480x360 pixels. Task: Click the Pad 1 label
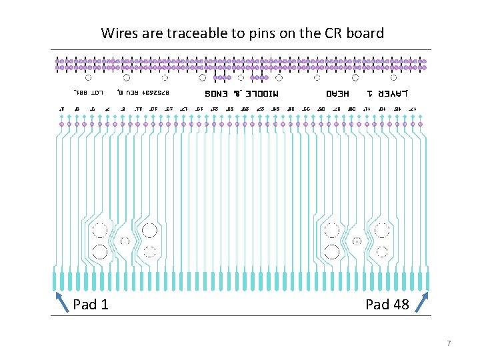(x=91, y=305)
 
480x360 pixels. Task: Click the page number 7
(x=449, y=343)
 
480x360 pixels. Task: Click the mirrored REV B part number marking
(x=145, y=91)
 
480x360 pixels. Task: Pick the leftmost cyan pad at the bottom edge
(x=54, y=279)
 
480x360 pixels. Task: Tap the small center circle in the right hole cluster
(x=357, y=241)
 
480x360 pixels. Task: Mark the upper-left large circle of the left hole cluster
(x=100, y=231)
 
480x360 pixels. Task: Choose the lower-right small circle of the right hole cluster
(x=381, y=252)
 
